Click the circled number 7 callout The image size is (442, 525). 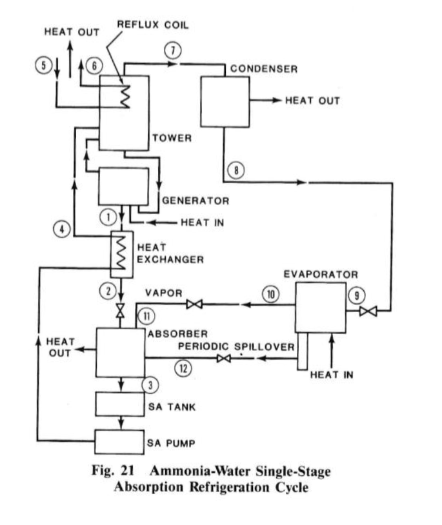(x=171, y=51)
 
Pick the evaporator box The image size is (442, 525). (x=320, y=310)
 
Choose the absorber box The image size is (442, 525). (x=120, y=352)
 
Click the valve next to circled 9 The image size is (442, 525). (x=368, y=312)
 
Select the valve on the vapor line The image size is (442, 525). (x=192, y=304)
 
